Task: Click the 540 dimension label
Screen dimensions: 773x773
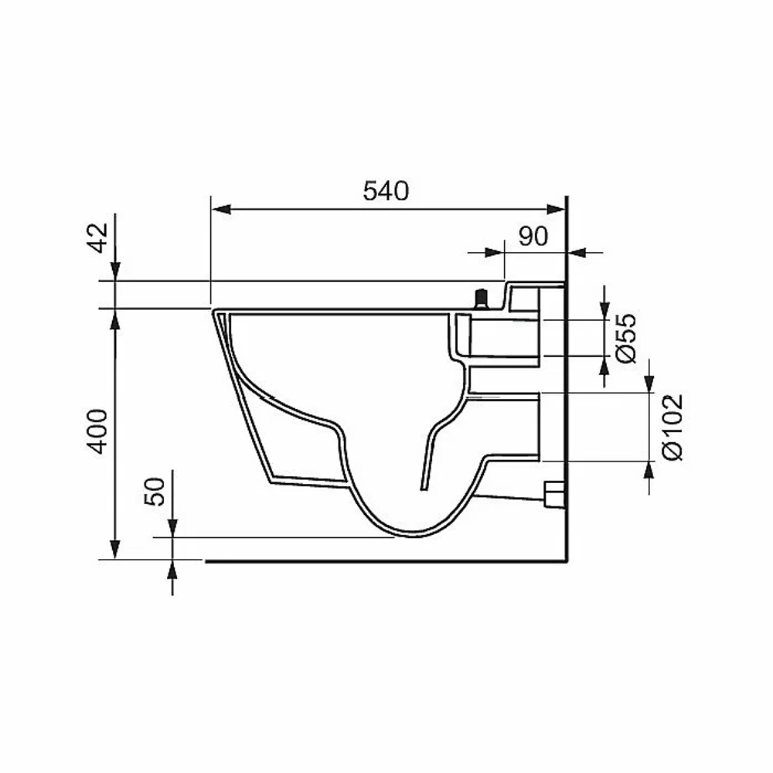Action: click(386, 191)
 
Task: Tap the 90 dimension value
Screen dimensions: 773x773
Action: click(533, 237)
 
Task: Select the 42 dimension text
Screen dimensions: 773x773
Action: click(98, 237)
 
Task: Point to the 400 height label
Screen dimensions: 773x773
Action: click(97, 431)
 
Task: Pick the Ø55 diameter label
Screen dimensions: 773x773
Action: click(626, 339)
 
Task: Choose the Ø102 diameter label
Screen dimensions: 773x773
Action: click(673, 427)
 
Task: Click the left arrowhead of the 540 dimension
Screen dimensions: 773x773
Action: click(221, 209)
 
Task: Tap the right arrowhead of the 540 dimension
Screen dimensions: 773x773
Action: click(556, 209)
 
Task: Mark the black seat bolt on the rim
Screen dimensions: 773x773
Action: click(480, 298)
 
